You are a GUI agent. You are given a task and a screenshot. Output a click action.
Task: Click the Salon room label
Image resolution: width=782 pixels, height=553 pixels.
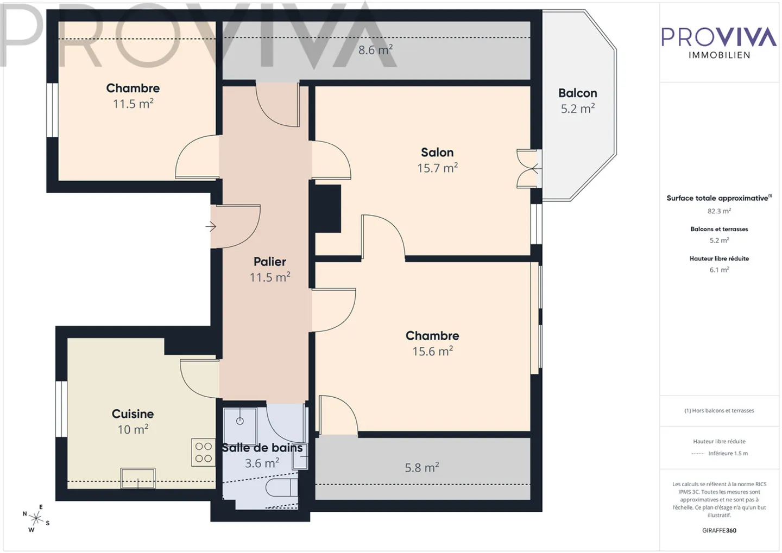coord(437,152)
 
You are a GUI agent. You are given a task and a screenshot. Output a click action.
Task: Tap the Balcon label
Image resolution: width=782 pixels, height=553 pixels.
coord(577,93)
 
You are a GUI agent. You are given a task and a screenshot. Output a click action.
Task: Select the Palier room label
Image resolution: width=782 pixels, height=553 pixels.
coord(269,262)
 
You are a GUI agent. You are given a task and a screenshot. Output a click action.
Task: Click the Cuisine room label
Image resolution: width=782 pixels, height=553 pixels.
coord(133,414)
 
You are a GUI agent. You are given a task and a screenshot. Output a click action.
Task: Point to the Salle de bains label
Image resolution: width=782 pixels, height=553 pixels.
coord(262,448)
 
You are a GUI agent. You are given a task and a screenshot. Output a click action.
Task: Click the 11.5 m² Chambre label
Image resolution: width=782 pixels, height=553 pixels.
coord(133,88)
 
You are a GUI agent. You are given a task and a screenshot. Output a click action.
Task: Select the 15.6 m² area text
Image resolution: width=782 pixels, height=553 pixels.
coord(432,352)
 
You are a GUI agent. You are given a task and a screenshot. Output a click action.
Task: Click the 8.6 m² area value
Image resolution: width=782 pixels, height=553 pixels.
coord(375,50)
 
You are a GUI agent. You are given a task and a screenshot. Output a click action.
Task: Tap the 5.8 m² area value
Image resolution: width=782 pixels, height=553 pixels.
coord(421,467)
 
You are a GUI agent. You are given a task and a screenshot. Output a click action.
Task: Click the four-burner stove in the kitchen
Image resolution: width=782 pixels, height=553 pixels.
coord(203,453)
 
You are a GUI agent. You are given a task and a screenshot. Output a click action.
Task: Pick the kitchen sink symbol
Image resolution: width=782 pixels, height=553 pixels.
coord(138,478)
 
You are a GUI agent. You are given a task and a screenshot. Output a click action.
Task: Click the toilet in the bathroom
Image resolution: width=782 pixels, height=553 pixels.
coord(281,487)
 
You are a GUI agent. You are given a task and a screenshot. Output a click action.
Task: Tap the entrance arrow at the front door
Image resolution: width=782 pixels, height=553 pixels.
coord(211,226)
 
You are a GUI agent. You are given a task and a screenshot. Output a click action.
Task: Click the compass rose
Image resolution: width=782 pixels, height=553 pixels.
coord(36,519)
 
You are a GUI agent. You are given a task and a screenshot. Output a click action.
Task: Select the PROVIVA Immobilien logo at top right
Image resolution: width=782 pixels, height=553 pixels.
coord(719,42)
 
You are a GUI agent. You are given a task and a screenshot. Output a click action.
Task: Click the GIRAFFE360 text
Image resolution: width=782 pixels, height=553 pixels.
coord(719,530)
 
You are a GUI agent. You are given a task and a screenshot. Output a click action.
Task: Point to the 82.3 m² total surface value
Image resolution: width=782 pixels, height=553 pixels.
coord(719,211)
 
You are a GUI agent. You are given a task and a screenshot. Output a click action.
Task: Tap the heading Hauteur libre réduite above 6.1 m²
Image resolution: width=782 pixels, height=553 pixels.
coord(719,258)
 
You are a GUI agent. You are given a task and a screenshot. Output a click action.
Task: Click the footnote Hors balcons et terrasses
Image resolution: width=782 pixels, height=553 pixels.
coord(719,411)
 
